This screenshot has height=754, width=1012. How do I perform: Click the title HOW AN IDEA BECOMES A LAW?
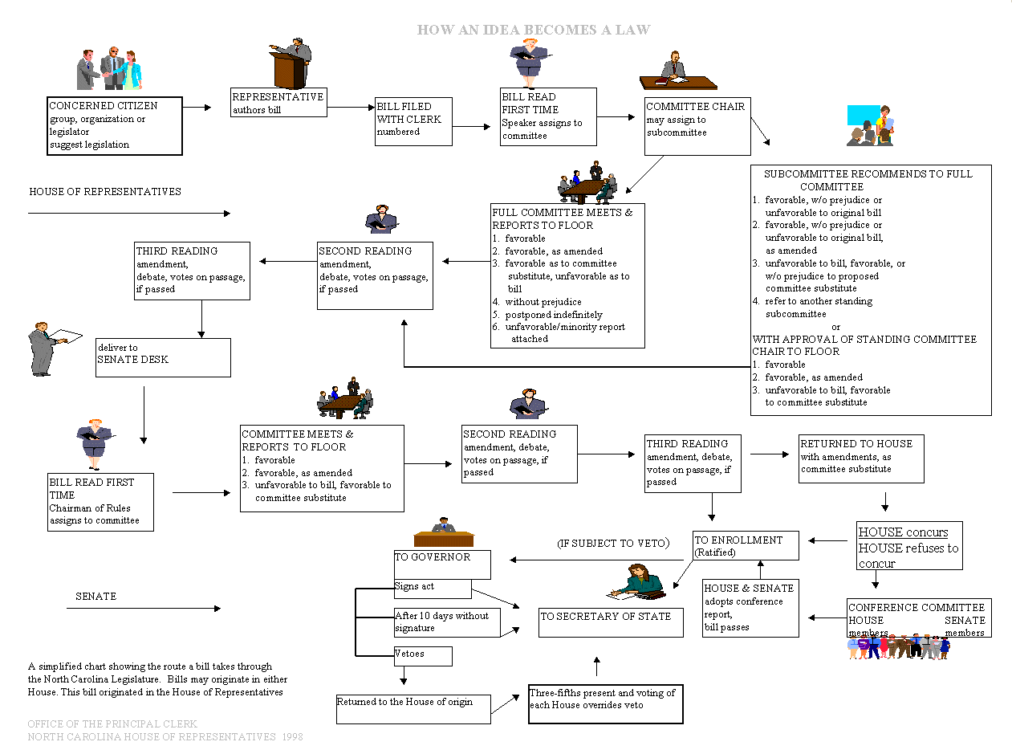click(533, 30)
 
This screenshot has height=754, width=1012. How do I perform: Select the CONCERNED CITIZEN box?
click(115, 126)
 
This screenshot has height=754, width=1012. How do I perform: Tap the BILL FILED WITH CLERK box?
click(413, 121)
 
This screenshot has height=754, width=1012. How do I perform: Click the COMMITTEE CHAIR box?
click(697, 126)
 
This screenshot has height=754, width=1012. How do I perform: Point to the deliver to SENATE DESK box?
click(163, 357)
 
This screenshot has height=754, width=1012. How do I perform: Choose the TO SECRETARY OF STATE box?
click(611, 622)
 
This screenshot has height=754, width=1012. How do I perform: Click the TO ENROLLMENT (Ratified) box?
click(746, 545)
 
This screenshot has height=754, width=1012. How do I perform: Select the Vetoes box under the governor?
click(422, 656)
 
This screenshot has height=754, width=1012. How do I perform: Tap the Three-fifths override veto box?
click(605, 703)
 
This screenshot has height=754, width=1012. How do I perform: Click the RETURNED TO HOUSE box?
click(861, 459)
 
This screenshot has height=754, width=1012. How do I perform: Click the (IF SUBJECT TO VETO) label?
click(613, 544)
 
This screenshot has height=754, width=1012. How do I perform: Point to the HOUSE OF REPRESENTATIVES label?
click(105, 192)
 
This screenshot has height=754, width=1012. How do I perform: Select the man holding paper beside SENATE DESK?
click(44, 348)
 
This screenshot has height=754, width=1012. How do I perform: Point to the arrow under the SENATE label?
click(143, 609)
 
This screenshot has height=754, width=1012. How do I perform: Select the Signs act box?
click(432, 589)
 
